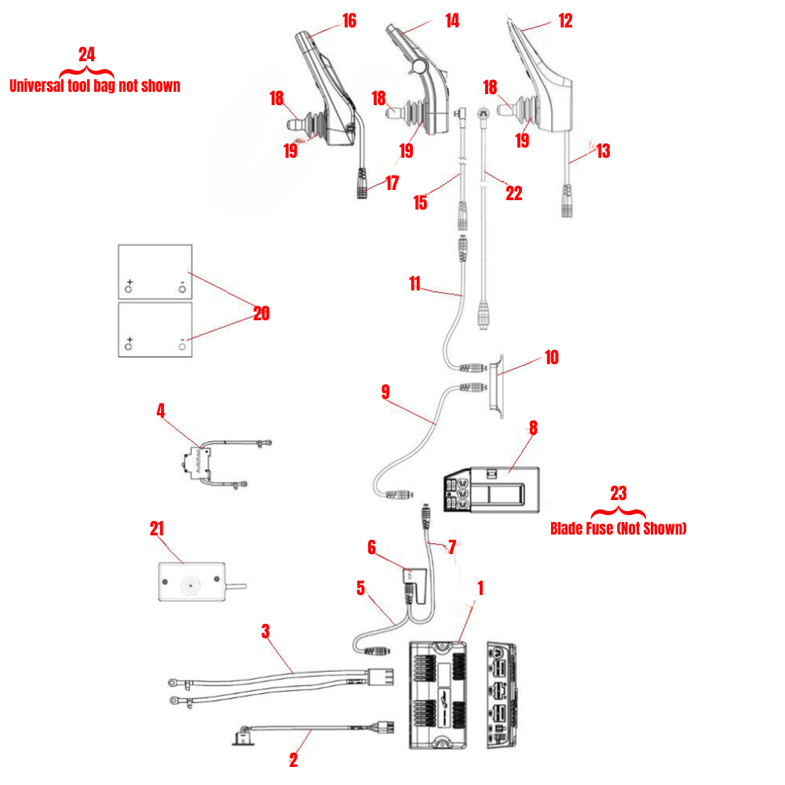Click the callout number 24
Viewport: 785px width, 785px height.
pos(86,54)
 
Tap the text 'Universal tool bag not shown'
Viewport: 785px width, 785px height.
pos(94,86)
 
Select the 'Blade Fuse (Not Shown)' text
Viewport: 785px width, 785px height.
pos(618,528)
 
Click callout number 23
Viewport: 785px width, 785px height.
pos(619,493)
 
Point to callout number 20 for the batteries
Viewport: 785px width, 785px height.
pos(261,313)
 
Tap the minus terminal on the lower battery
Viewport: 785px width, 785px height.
pos(182,344)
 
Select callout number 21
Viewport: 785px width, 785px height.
pos(157,528)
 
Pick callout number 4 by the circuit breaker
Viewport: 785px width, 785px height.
pos(160,410)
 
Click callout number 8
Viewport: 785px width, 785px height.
pos(533,428)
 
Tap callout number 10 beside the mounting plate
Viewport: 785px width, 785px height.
pos(551,357)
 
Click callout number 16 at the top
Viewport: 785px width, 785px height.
pos(348,20)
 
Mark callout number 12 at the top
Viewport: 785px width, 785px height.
pos(565,20)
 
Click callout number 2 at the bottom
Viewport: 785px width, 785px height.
pos(294,759)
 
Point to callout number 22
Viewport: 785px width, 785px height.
pos(513,193)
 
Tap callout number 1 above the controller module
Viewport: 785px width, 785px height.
pos(480,586)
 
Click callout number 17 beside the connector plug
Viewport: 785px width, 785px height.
pos(392,183)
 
